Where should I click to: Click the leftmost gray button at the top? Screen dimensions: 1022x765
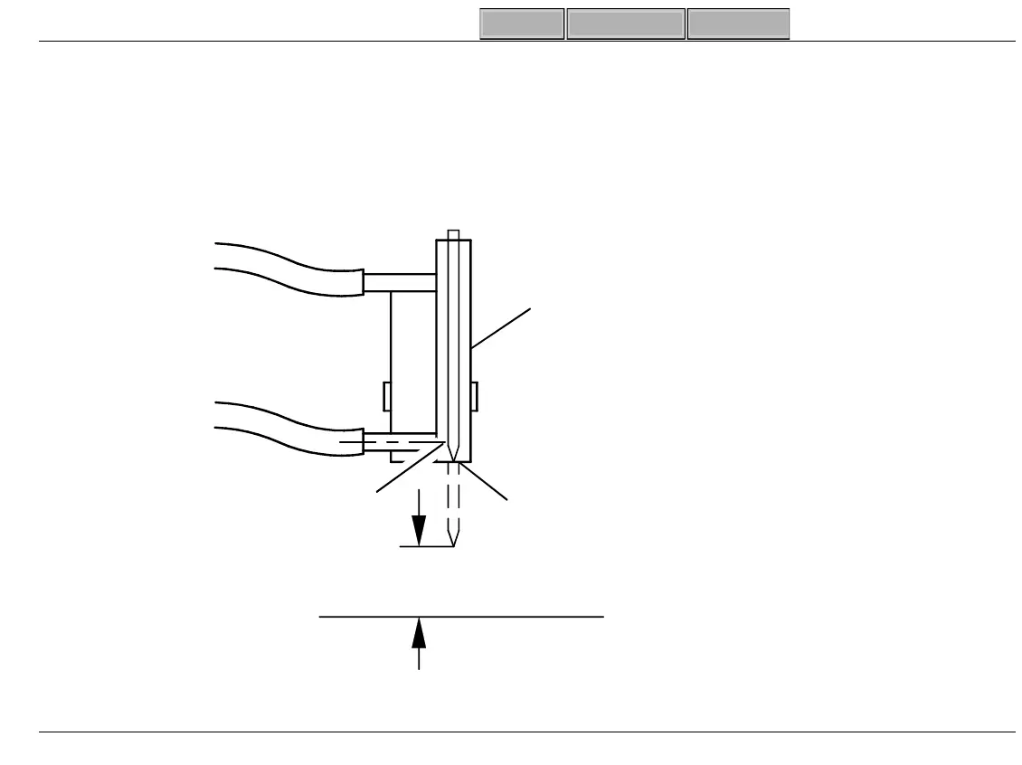[522, 24]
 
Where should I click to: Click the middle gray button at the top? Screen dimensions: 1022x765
[626, 24]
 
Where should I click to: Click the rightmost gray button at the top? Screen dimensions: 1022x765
[738, 24]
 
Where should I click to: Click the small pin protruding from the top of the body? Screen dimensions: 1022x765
[454, 235]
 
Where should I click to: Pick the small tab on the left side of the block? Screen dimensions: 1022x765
[387, 395]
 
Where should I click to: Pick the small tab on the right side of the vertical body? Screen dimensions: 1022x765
[474, 395]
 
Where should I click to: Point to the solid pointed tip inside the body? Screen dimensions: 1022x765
[454, 449]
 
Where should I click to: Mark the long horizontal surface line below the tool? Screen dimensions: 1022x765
[461, 617]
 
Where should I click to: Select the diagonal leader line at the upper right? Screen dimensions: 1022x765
[502, 328]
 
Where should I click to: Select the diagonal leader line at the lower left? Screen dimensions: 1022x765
[407, 470]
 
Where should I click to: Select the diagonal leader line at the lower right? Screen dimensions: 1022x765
[488, 482]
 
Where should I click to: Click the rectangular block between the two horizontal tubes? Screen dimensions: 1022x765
[413, 362]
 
